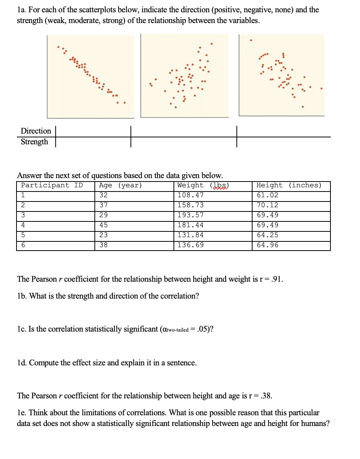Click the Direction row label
click(36, 131)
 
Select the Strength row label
click(34, 142)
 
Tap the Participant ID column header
click(52, 185)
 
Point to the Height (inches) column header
click(289, 185)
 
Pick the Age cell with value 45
click(103, 225)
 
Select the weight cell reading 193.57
click(190, 215)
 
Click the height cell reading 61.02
click(268, 195)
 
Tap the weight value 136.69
click(190, 245)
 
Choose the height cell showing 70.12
click(268, 205)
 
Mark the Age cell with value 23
click(103, 235)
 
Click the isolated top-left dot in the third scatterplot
click(251, 40)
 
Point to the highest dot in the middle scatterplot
click(211, 43)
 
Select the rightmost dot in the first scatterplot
click(124, 102)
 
